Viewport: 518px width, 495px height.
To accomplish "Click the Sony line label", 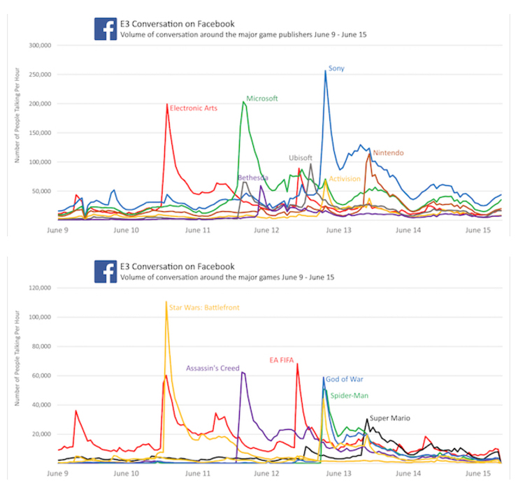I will click(x=336, y=69).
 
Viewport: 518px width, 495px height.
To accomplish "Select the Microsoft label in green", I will click(x=262, y=99).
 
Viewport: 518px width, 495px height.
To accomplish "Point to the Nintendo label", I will click(x=388, y=152).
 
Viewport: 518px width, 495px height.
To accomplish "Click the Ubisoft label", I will click(x=301, y=158).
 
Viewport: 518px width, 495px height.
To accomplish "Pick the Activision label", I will click(x=345, y=179).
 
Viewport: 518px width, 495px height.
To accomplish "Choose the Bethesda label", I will click(x=253, y=178).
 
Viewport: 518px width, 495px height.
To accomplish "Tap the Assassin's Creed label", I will click(x=213, y=368).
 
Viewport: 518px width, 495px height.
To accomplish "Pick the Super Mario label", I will click(x=389, y=418).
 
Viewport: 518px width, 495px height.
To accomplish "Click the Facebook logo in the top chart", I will click(x=106, y=29).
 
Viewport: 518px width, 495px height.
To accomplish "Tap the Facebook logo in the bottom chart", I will click(x=106, y=271).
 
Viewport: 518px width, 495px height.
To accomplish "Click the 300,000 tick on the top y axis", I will click(x=41, y=46).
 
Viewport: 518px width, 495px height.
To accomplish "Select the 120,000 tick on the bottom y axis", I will click(x=41, y=287).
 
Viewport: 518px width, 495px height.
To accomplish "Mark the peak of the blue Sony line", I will click(x=326, y=71).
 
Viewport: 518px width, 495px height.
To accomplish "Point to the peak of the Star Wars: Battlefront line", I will click(x=166, y=302).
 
